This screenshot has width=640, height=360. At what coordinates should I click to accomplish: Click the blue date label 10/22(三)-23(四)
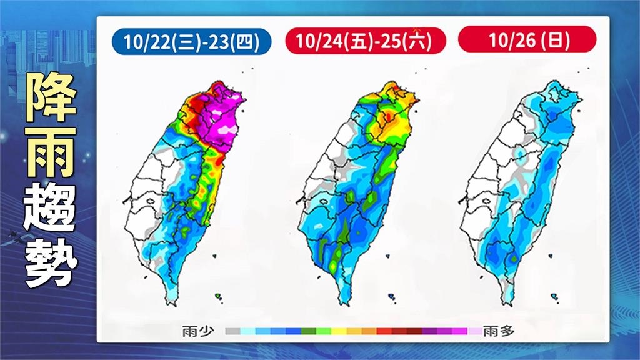192,42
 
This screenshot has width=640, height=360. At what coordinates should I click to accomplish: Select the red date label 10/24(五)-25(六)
366,42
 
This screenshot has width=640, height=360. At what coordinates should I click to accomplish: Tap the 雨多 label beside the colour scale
499,331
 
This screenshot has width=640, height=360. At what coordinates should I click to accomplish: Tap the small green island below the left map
219,296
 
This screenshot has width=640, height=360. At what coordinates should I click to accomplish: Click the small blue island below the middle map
391,296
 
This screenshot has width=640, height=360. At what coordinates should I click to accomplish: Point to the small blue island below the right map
554,296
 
